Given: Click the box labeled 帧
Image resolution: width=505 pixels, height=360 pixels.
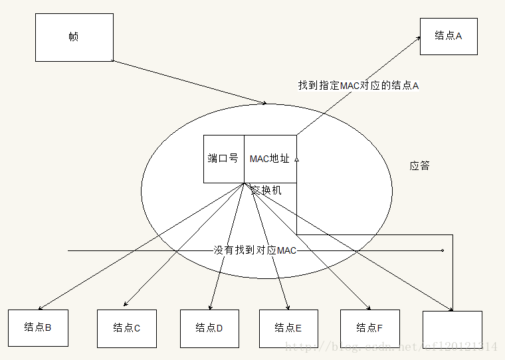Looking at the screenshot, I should (x=74, y=37).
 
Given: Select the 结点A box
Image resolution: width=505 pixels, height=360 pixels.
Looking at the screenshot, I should (x=449, y=36).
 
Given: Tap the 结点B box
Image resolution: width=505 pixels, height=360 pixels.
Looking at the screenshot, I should (x=38, y=327).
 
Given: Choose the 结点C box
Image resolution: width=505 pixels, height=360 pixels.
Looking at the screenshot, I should (x=127, y=327).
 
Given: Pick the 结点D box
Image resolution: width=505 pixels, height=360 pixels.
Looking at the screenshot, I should (x=209, y=327).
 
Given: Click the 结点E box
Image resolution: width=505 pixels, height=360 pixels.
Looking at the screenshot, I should (x=288, y=327).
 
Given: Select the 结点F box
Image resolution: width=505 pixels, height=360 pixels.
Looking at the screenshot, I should (x=370, y=327).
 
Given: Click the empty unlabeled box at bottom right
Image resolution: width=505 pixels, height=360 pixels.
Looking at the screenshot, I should (x=453, y=329).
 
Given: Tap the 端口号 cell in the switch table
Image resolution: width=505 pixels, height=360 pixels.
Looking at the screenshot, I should (x=223, y=159).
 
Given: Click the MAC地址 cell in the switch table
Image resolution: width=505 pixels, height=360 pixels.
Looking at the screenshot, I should (x=270, y=159).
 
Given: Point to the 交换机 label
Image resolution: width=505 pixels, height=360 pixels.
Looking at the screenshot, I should (x=266, y=190).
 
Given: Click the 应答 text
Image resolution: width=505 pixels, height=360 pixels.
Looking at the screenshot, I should (x=419, y=165).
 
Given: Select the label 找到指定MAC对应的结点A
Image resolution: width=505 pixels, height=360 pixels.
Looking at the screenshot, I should (x=358, y=86).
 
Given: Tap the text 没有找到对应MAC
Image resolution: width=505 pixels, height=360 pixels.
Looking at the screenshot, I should (x=254, y=250).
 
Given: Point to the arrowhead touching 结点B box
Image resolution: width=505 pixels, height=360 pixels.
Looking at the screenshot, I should (x=40, y=308).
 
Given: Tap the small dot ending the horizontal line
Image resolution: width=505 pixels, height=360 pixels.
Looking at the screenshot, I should (x=442, y=250).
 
